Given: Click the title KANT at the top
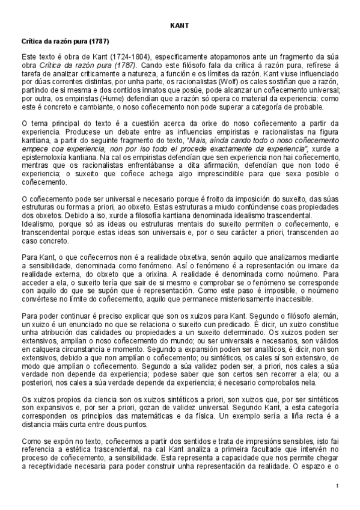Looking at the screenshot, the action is tap(180, 26).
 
